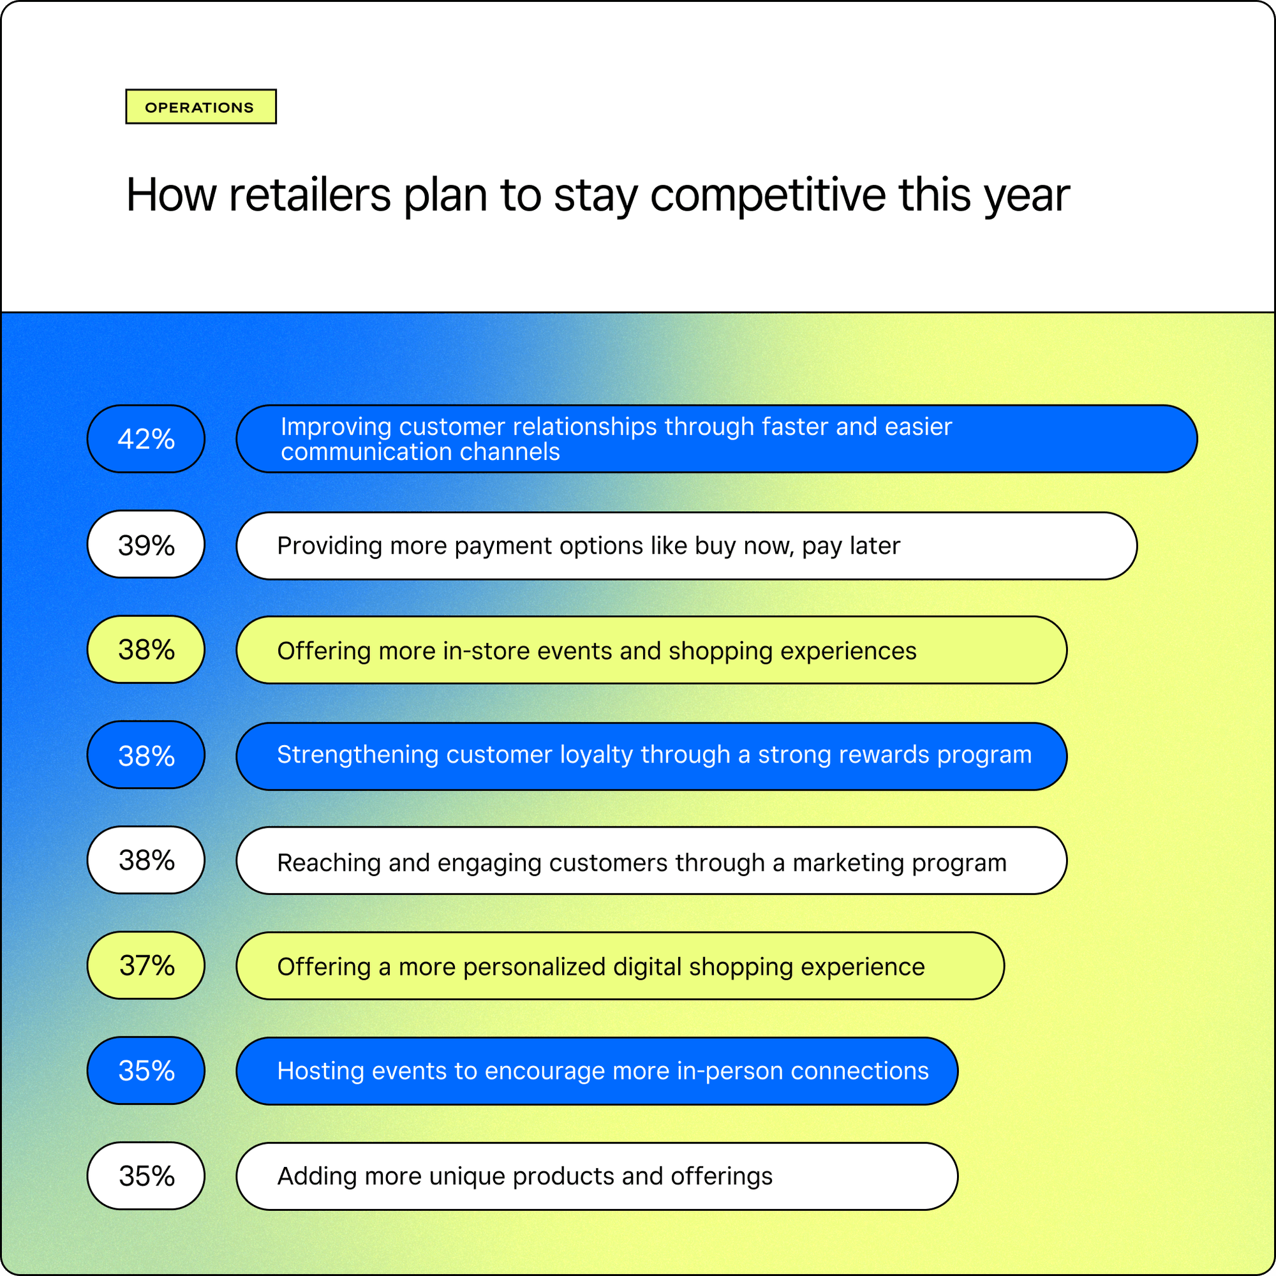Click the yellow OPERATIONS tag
click(201, 107)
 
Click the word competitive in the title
click(768, 195)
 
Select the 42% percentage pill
click(146, 438)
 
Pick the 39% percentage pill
click(146, 544)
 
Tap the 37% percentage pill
click(146, 965)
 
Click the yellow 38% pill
click(146, 649)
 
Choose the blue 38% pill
click(146, 754)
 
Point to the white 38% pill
click(146, 860)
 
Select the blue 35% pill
click(146, 1070)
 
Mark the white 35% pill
click(146, 1176)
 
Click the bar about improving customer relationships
click(716, 438)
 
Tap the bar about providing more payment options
click(686, 545)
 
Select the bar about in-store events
click(651, 650)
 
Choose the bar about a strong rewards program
click(651, 755)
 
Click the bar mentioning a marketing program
click(651, 861)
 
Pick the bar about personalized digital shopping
click(620, 965)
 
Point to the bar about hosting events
click(597, 1071)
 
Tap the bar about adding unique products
click(597, 1176)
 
